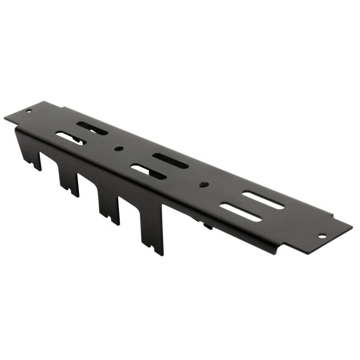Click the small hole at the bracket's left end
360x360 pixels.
[29, 111]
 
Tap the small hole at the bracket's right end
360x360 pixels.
[322, 235]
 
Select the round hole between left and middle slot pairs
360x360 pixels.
[119, 148]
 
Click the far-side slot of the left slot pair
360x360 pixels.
[92, 128]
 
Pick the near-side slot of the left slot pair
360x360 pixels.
[70, 138]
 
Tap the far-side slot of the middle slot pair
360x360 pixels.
[170, 161]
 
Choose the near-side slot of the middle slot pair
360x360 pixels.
[148, 171]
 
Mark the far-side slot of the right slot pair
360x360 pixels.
[263, 200]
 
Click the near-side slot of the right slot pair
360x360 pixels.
[241, 212]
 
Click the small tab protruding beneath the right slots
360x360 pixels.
[207, 225]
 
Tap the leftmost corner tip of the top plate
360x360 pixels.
[5, 118]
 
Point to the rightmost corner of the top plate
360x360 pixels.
[352, 226]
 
